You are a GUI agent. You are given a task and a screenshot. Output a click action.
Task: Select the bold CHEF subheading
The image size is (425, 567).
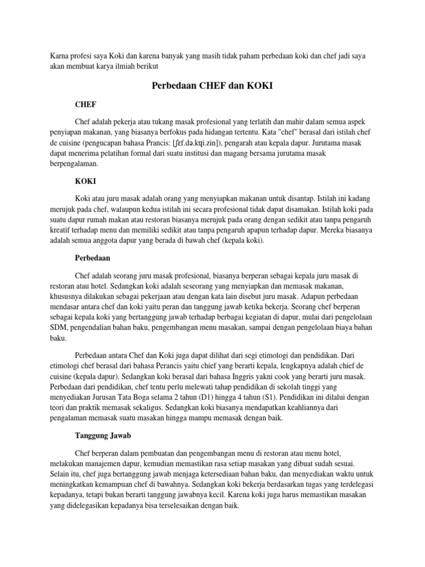coord(85,104)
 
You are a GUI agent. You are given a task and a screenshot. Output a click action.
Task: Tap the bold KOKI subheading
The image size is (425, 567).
coord(85,181)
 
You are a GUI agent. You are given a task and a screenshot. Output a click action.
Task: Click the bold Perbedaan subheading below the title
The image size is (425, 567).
coord(93,257)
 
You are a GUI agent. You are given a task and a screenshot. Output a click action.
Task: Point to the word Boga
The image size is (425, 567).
coord(162,398)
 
